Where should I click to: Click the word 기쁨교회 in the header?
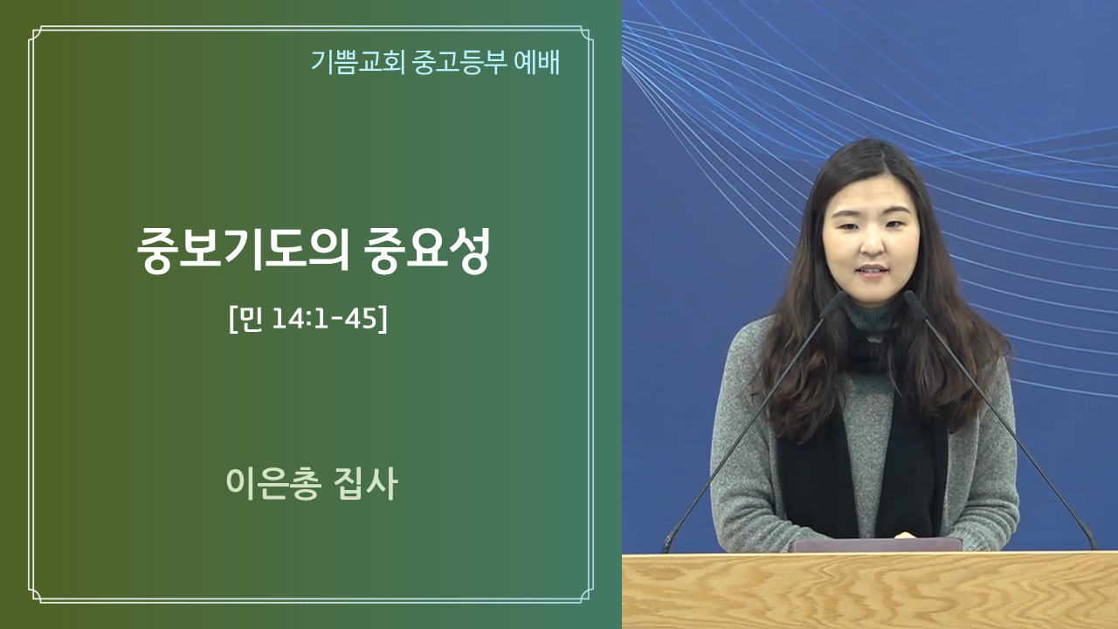pos(358,62)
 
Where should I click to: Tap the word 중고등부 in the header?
pos(460,62)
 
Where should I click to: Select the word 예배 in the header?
pos(537,62)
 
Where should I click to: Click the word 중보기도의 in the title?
pos(243,251)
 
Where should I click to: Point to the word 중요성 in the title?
pos(427,251)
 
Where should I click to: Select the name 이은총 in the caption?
pos(273,483)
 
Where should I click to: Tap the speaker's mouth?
pos(873,270)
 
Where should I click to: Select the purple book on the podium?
pos(875,544)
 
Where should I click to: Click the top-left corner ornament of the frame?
pos(36,34)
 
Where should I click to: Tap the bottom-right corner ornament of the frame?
pos(586,596)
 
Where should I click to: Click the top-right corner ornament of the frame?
pos(586,34)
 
